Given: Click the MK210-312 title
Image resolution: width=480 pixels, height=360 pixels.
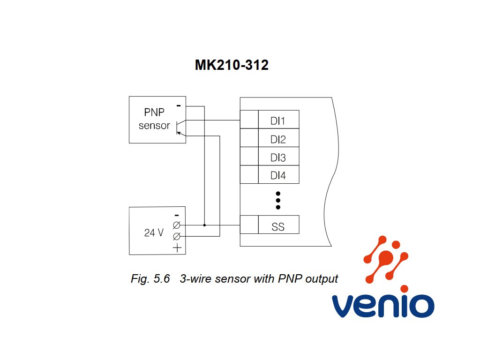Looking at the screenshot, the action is tap(232, 65).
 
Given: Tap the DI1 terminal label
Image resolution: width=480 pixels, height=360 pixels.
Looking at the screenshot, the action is tap(278, 121).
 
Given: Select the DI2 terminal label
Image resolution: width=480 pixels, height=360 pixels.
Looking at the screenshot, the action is tap(278, 139).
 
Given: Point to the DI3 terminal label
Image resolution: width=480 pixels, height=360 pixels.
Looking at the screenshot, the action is tap(278, 157).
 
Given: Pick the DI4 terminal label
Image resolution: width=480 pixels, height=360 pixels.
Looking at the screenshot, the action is tap(278, 175).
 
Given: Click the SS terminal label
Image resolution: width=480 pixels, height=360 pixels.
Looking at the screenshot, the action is tap(278, 227).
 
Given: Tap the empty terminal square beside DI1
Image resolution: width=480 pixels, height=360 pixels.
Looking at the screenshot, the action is tap(249, 120).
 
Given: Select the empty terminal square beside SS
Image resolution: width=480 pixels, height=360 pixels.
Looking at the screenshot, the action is tap(249, 225).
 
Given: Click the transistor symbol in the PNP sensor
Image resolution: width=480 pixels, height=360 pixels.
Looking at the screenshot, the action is tap(180, 127).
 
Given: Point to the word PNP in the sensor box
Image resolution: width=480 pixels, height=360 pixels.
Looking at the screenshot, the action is tap(154, 112).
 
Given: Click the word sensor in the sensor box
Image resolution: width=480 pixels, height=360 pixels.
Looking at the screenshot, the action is tap(154, 126).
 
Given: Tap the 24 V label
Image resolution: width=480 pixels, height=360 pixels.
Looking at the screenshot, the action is tap(154, 232).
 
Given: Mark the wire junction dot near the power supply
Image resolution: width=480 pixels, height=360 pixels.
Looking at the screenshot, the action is tap(204, 225).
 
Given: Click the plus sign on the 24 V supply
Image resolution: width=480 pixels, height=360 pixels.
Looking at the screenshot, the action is tap(177, 247).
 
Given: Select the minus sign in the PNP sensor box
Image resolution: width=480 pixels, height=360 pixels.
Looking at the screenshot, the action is tap(179, 105).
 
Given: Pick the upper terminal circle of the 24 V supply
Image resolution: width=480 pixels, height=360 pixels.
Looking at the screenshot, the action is tap(177, 225).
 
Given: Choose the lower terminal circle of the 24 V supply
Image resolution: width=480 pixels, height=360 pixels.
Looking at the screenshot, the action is tap(177, 236).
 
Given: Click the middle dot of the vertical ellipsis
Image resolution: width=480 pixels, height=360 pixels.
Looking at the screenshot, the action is tap(278, 201).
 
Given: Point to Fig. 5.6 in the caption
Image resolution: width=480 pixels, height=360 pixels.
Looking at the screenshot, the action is tap(150, 278).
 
